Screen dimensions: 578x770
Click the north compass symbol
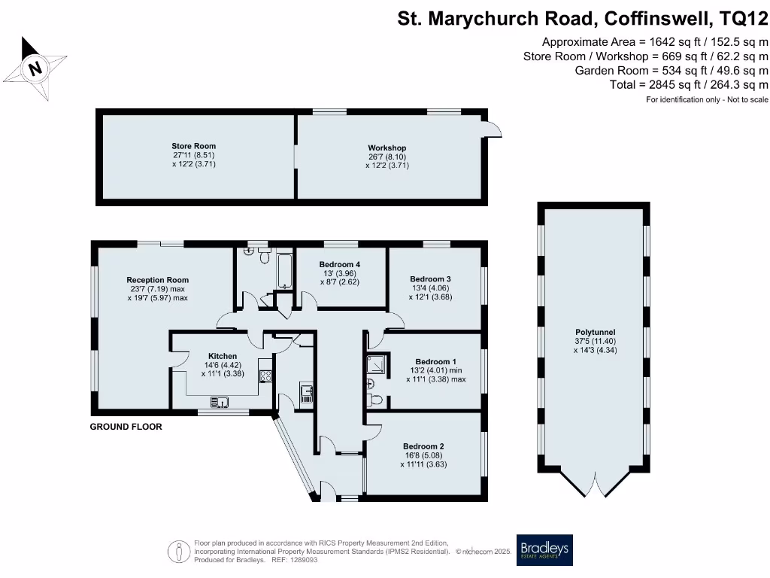[x=35, y=69]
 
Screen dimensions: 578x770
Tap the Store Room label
[x=193, y=146]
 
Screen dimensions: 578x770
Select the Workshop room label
[x=387, y=148]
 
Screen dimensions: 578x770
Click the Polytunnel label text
[x=595, y=331]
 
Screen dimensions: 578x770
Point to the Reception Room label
[x=157, y=280]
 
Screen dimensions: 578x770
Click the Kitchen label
[x=222, y=356]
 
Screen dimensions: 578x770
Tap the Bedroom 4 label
[x=340, y=264]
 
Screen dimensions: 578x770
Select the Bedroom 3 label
[x=432, y=278]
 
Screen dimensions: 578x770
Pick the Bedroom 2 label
[x=423, y=446]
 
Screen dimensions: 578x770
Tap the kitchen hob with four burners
[x=265, y=376]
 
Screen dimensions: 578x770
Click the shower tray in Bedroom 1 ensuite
[x=377, y=365]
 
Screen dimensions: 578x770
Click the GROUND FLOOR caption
[x=126, y=427]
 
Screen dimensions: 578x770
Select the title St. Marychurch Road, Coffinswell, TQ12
[x=583, y=18]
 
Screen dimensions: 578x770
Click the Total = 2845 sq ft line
[x=689, y=85]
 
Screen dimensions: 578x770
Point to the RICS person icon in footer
[x=179, y=551]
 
